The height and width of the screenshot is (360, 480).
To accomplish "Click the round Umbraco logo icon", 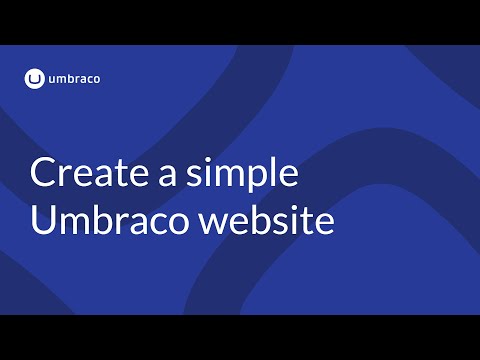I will pyautogui.click(x=35, y=77).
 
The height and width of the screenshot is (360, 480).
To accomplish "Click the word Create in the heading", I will pyautogui.click(x=85, y=173).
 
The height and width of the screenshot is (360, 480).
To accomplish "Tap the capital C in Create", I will pyautogui.click(x=43, y=173).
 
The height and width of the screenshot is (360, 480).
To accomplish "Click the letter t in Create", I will pyautogui.click(x=118, y=174).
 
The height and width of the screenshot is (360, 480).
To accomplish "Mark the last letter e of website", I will pyautogui.click(x=320, y=223).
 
